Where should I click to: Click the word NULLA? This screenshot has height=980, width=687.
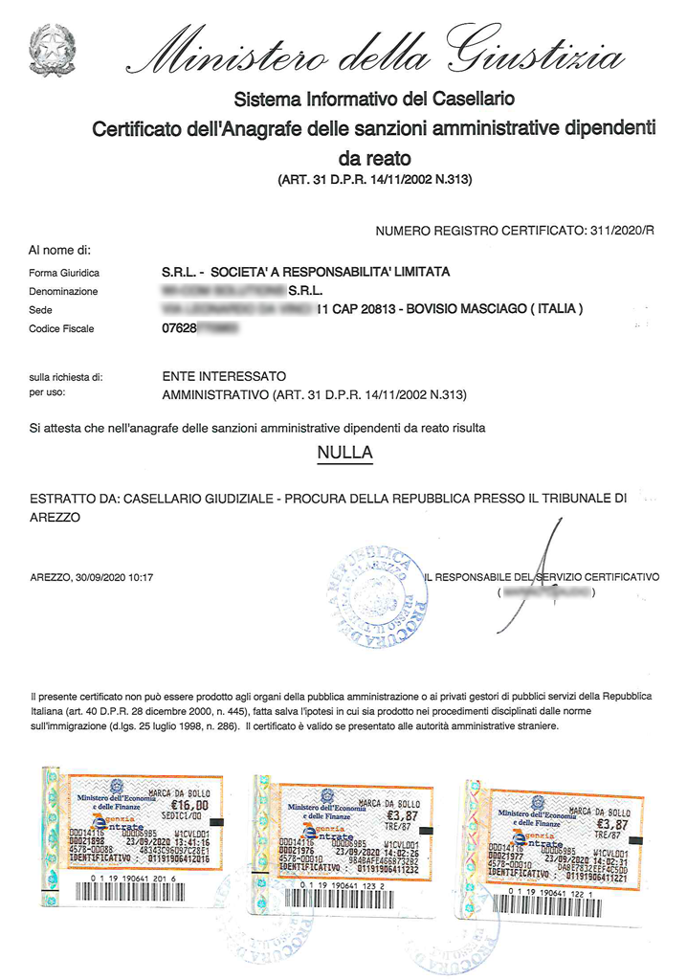click(343, 452)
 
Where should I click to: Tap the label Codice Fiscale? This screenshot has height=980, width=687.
click(61, 329)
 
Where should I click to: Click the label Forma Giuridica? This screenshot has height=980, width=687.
click(64, 273)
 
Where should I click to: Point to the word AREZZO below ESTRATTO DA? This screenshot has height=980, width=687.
click(55, 517)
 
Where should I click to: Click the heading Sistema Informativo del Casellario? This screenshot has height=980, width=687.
click(374, 100)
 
